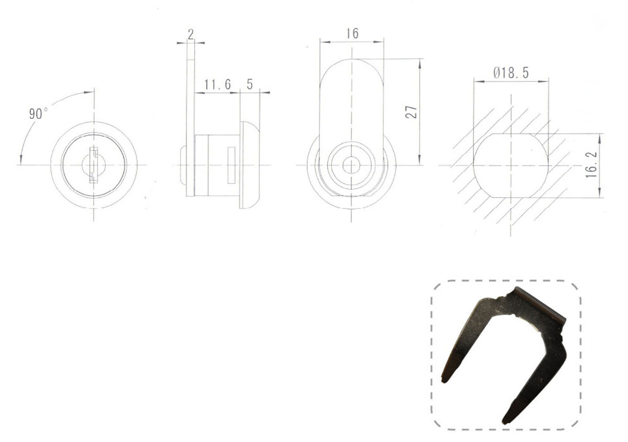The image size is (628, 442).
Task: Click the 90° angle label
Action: pos(38,113)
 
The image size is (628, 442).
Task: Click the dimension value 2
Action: pos(191,34)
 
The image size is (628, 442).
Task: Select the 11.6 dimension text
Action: pos(218,84)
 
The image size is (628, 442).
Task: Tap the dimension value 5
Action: pos(250,84)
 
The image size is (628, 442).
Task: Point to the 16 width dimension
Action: pos(352,33)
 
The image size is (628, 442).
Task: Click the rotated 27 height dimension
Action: pos(411,112)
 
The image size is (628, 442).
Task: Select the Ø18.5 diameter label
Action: pos(511,73)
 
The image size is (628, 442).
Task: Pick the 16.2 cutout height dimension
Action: pos(591,165)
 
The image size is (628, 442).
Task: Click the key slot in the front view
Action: pos(94,165)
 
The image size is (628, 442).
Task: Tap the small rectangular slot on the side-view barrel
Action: pos(231,165)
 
